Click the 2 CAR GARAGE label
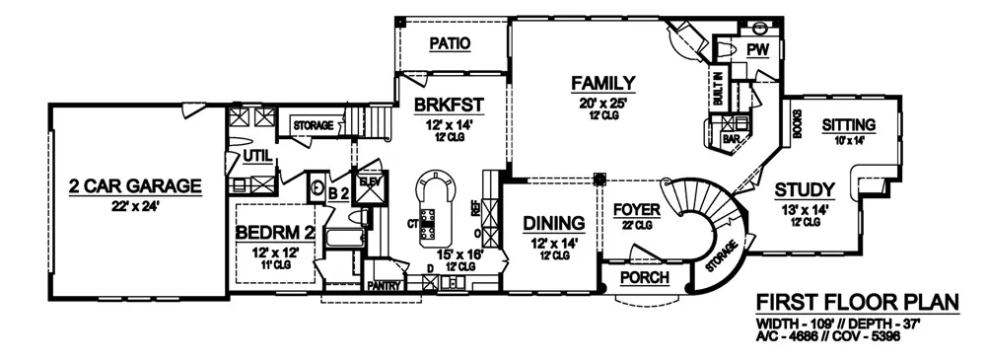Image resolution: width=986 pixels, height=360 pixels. click(x=135, y=184)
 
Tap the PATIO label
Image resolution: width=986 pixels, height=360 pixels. click(x=450, y=43)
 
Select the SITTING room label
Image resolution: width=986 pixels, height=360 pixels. click(x=848, y=124)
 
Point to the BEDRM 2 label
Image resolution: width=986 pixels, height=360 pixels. click(x=273, y=233)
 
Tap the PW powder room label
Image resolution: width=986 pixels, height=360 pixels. click(x=757, y=50)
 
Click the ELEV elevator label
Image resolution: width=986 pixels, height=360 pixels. click(x=372, y=180)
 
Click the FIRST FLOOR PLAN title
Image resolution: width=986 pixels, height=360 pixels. click(x=855, y=301)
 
